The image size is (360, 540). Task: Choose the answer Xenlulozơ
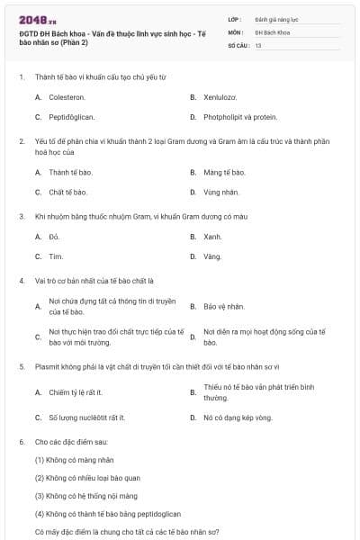(x=220, y=96)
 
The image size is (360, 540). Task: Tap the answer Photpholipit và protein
(x=240, y=117)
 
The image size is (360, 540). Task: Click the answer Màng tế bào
(x=224, y=172)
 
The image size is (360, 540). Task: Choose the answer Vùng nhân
(x=221, y=193)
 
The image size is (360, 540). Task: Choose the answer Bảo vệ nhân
(x=224, y=307)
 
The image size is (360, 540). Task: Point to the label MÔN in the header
(x=236, y=31)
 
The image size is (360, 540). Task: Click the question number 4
(x=21, y=281)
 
